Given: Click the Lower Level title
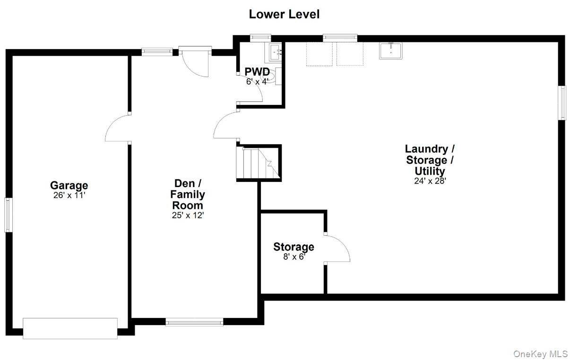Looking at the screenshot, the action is [284, 14].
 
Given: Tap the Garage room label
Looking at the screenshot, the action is [69, 186].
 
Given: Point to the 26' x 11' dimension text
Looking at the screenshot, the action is [69, 196].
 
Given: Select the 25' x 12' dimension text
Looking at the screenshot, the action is [188, 215].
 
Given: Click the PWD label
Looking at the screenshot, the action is [257, 72].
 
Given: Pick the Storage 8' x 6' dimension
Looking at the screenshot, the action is [294, 257].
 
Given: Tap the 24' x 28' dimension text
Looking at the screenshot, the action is [430, 181].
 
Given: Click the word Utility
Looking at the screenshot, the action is [430, 171].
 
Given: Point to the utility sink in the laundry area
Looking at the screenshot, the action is [390, 51].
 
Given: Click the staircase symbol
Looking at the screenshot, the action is [258, 163].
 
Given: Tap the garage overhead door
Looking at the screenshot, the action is [70, 328].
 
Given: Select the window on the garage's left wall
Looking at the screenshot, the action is [9, 215].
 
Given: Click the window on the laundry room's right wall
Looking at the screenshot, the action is [562, 103].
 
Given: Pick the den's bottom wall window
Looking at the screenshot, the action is [194, 322].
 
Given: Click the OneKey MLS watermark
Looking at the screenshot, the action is [540, 354].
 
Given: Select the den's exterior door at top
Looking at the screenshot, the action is [195, 61].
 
